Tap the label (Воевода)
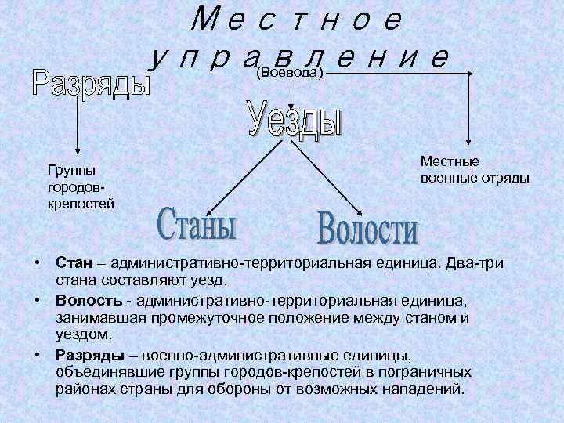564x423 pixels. (x=291, y=73)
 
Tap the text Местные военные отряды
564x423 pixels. (x=474, y=169)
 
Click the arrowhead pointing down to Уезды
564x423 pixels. (x=291, y=103)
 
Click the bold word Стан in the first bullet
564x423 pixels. (x=71, y=260)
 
